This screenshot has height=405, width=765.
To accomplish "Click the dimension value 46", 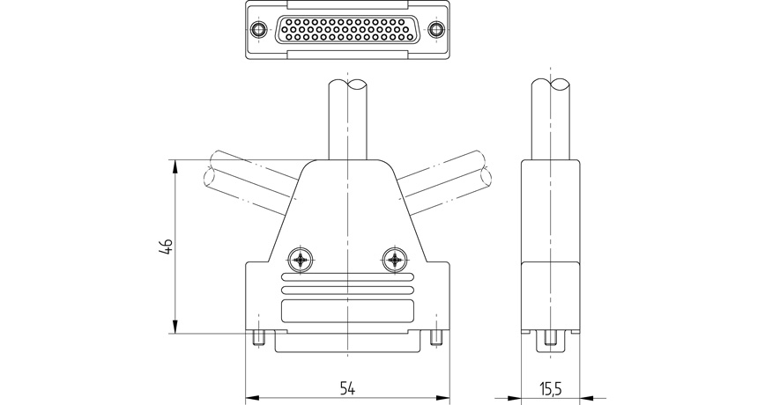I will pyautogui.click(x=165, y=247).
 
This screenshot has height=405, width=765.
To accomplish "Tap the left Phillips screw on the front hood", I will pyautogui.click(x=301, y=260).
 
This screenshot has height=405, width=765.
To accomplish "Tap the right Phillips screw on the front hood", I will pyautogui.click(x=395, y=260).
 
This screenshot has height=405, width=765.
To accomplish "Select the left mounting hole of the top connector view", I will pyautogui.click(x=257, y=31).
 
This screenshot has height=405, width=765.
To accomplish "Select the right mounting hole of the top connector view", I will pyautogui.click(x=434, y=31).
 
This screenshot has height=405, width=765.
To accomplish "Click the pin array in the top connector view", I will pyautogui.click(x=345, y=31).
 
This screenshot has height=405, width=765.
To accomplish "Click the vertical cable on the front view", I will pyautogui.click(x=348, y=119).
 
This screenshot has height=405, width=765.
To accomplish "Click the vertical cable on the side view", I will pyautogui.click(x=553, y=119).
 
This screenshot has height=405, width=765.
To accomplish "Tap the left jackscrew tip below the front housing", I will pyautogui.click(x=258, y=338).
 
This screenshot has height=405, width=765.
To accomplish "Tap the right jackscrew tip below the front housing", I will pyautogui.click(x=437, y=338).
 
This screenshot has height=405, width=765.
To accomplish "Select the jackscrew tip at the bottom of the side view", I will pyautogui.click(x=552, y=339).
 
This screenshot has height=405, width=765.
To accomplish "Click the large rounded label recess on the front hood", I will pyautogui.click(x=347, y=312).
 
